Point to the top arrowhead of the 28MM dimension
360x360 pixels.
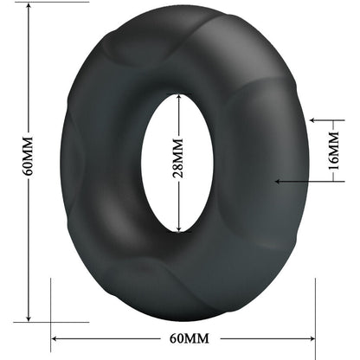point(179,98)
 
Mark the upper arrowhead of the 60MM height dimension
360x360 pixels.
point(28,7)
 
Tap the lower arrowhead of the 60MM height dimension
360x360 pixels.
point(28,317)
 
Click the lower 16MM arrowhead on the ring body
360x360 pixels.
point(279,180)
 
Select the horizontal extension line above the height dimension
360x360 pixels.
point(43,3)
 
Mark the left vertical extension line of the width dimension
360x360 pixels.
point(52,312)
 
